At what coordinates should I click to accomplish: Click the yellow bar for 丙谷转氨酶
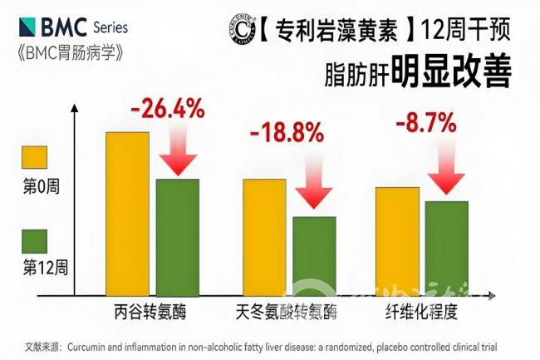tap(127, 214)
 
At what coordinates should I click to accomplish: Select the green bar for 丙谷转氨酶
tap(177, 238)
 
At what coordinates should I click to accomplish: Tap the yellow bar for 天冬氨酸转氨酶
tap(263, 238)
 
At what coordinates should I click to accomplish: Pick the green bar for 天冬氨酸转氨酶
tap(314, 256)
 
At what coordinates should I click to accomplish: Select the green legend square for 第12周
tap(36, 240)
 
